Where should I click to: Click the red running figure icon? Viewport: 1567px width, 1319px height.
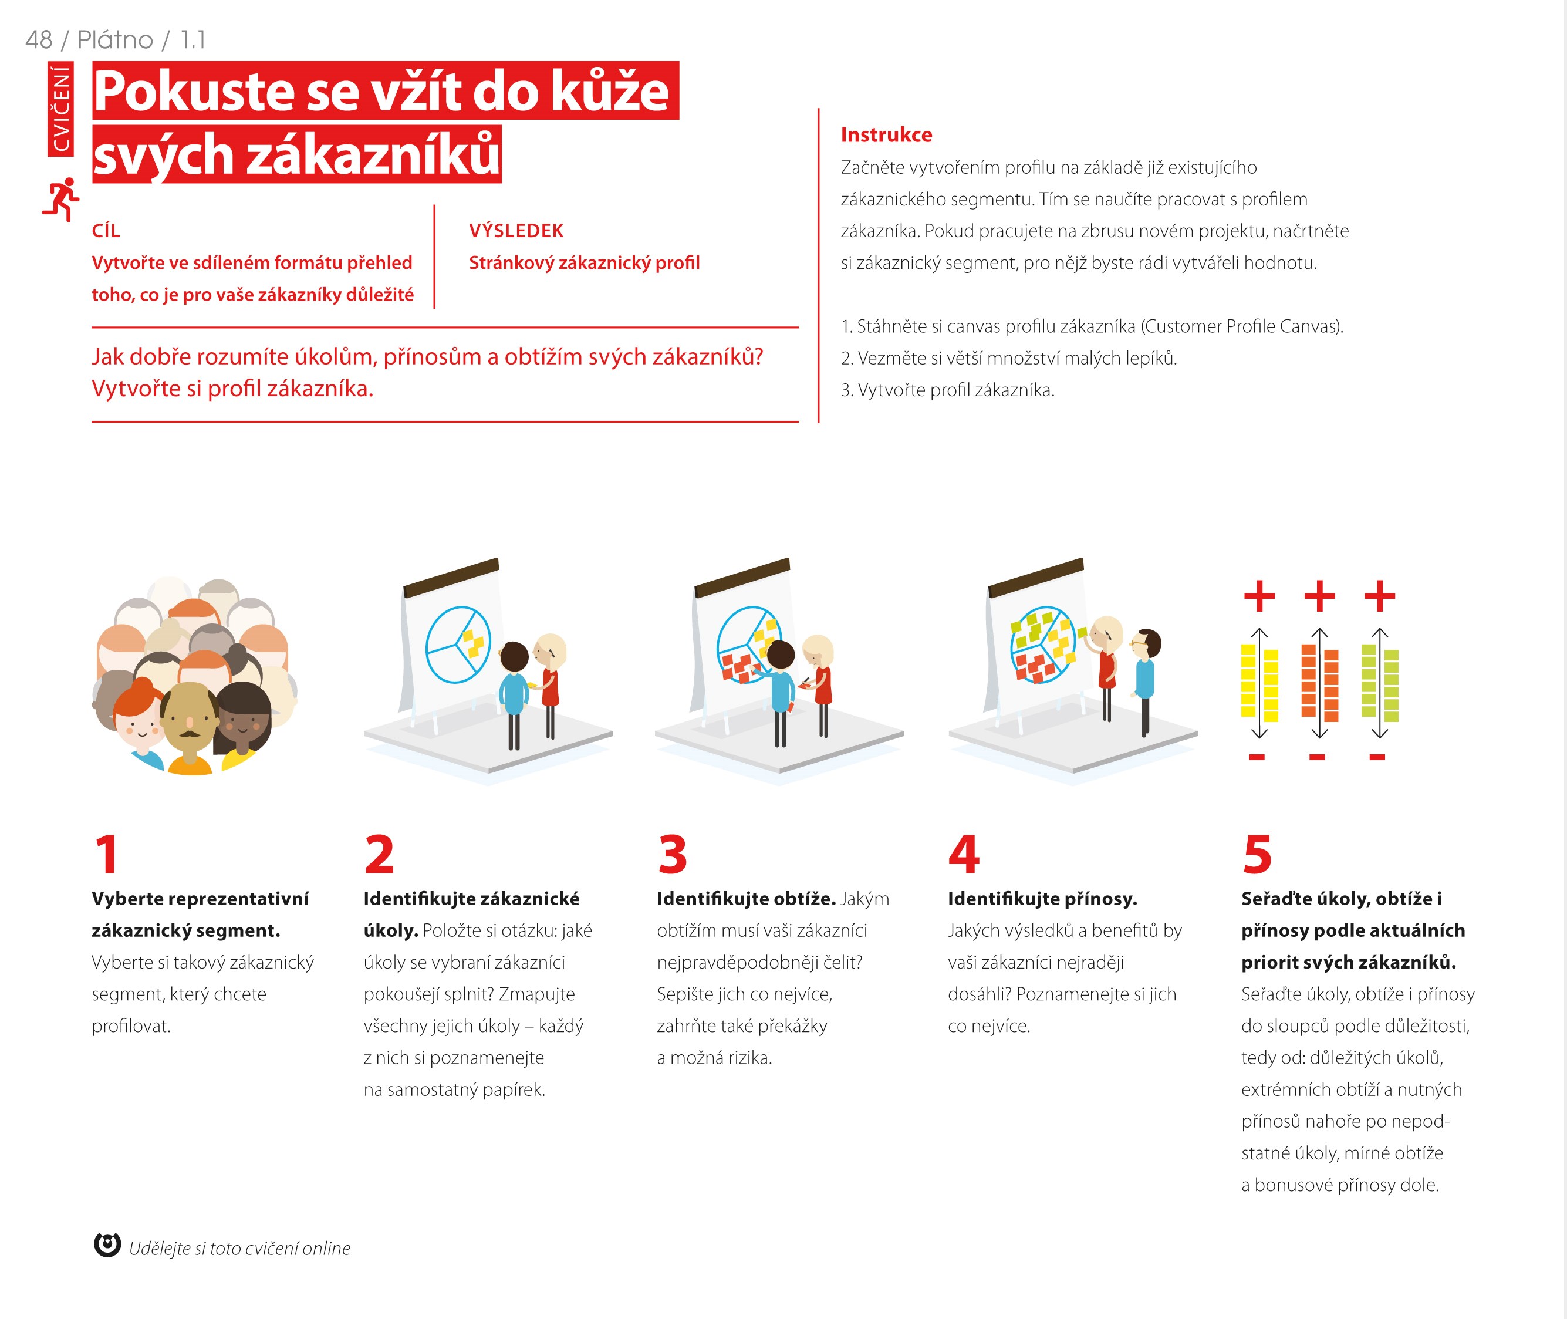[60, 199]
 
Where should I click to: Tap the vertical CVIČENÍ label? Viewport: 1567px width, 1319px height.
[60, 109]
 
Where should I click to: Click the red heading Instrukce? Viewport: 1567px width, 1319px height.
[886, 134]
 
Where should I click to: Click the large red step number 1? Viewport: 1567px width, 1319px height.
[107, 854]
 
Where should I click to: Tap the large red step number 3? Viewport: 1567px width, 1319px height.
[672, 854]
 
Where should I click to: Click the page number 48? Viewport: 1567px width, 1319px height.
[39, 40]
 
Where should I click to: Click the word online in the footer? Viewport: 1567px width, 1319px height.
[327, 1248]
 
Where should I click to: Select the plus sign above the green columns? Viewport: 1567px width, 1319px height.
[1379, 596]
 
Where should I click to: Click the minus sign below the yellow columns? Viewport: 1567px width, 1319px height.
[1257, 757]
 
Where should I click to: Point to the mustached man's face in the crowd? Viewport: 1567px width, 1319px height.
[188, 718]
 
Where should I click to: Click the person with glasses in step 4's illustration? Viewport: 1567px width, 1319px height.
[1144, 680]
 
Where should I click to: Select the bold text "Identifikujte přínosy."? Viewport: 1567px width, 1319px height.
[1042, 898]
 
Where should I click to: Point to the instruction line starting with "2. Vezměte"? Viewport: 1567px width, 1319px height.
[1008, 358]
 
